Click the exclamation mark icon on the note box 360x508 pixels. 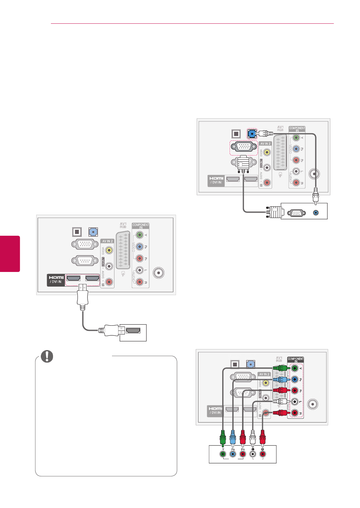(x=47, y=356)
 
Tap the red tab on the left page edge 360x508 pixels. (x=10, y=253)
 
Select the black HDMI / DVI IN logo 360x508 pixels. (x=56, y=280)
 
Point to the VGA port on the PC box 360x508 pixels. (x=296, y=213)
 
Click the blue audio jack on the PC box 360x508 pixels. (x=316, y=212)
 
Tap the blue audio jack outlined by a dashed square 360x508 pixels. (x=252, y=133)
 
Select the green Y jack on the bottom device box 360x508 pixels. (x=223, y=454)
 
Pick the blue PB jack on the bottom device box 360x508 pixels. (x=233, y=454)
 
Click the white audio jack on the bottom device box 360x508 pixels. (x=253, y=454)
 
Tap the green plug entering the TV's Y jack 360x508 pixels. (x=280, y=368)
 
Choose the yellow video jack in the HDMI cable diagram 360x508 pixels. (x=109, y=250)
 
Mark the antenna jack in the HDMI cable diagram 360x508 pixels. (x=159, y=273)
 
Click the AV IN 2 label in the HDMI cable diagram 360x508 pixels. (x=107, y=241)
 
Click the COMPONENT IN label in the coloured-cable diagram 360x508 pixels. (x=295, y=359)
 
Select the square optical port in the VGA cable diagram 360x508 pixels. (x=236, y=134)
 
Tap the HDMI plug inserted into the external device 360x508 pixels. (x=110, y=330)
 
